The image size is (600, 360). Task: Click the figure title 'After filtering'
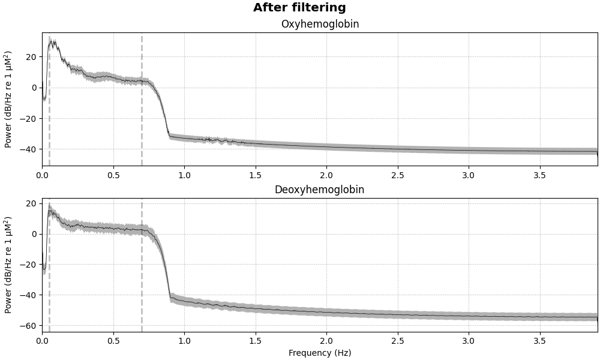299,8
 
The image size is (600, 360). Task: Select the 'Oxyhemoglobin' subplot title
320,25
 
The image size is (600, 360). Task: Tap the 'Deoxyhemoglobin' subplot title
319,190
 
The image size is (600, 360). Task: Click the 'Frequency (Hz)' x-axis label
320,353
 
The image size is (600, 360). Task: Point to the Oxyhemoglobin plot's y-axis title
8,99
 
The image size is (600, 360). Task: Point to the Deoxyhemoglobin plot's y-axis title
8,265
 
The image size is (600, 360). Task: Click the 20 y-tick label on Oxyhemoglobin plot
31,56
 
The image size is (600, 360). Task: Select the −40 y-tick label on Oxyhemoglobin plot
29,149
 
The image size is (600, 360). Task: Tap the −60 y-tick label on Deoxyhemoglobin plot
29,326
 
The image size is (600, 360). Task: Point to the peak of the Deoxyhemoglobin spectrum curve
50,210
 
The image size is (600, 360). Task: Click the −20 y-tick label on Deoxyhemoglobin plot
29,265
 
